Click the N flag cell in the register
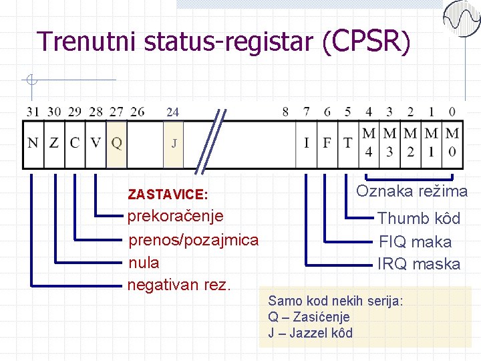pos(33,143)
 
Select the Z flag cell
pos(54,143)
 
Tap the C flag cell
pos(75,143)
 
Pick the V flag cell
pos(96,143)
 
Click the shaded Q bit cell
pos(116,143)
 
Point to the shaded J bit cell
pos(174,143)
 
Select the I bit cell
pos(307,143)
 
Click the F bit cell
pos(327,143)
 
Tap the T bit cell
pos(348,143)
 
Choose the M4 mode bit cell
pos(369,143)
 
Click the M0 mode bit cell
pos(452,143)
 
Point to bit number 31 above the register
pos(33,112)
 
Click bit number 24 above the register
pos(172,112)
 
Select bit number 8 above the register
pos(285,112)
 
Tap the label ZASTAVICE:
pos(168,195)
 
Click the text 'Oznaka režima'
pos(412,191)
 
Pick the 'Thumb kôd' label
pos(419,219)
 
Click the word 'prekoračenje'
pos(175,217)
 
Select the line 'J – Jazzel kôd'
pos(310,333)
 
